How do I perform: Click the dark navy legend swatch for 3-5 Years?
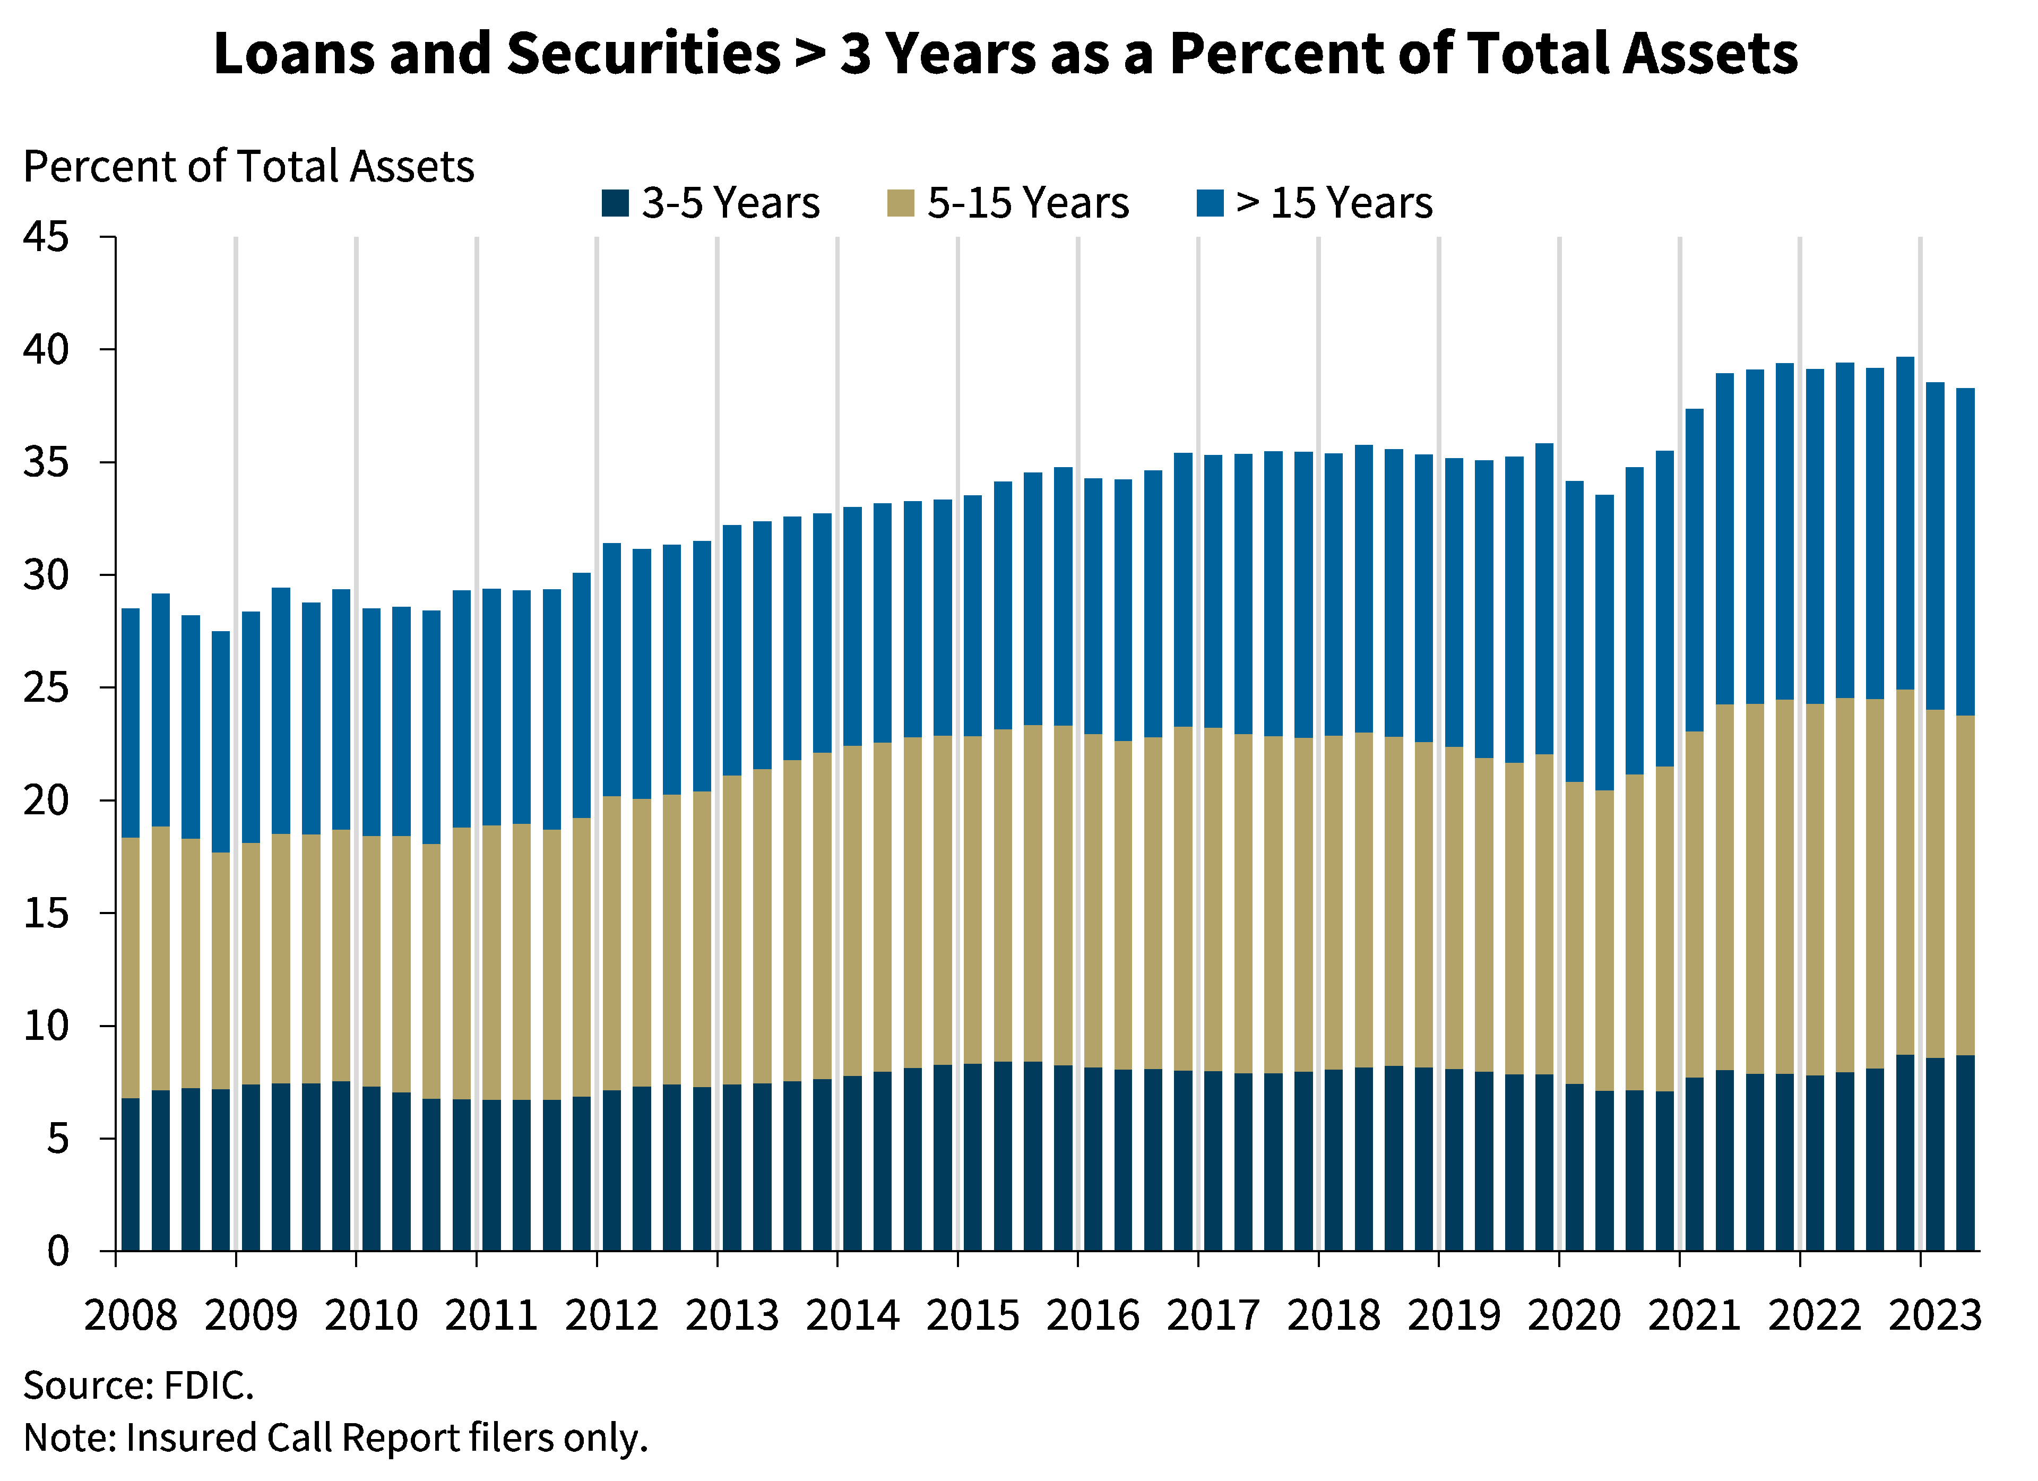click(x=615, y=203)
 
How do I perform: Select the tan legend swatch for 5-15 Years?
click(x=901, y=203)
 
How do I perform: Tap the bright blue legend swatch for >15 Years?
click(x=1211, y=203)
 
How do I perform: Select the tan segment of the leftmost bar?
click(x=131, y=966)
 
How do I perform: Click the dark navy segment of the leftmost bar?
click(x=131, y=1173)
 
